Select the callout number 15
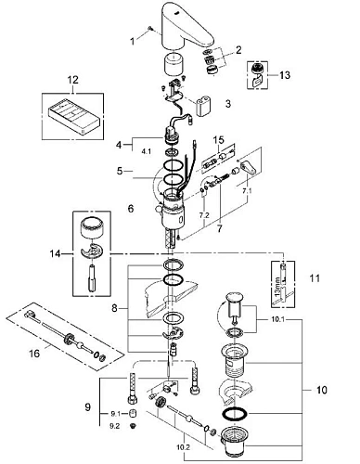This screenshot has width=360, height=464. [x=218, y=142]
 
